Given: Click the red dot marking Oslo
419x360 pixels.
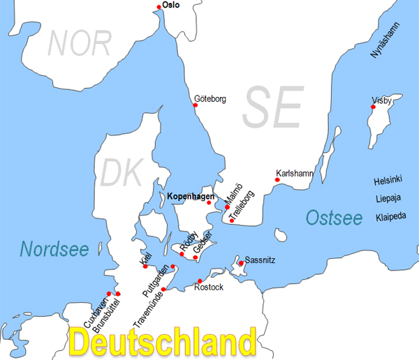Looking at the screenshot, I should tap(160, 7).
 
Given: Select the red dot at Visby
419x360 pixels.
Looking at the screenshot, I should tap(374, 107).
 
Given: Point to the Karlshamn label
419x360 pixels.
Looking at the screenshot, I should tap(295, 172).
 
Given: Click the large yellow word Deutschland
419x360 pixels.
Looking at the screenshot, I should tap(163, 343).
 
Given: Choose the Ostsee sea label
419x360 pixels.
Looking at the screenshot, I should tap(335, 218).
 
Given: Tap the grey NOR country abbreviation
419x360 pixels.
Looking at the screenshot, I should tap(80, 43).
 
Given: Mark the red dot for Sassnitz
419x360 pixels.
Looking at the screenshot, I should tap(241, 263).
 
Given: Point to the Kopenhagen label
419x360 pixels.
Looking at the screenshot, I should tap(191, 197).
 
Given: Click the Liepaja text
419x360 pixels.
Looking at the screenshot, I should tap(389, 198).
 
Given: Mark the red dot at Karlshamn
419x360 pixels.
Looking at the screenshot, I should tap(277, 180).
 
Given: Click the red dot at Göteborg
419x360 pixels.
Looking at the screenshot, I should tap(196, 105).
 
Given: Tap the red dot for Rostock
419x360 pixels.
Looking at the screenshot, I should tap(200, 281).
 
